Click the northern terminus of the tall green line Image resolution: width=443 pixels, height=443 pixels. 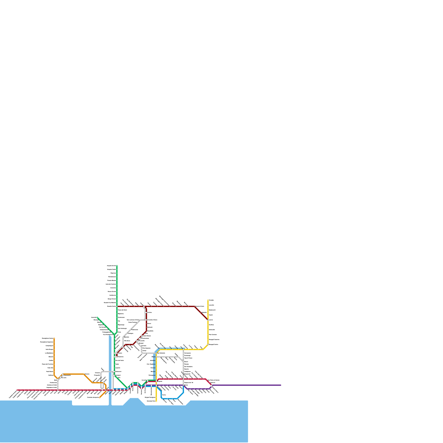click(117, 266)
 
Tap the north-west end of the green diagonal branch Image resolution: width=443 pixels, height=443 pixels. click(97, 318)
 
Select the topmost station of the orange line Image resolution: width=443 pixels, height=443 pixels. click(54, 338)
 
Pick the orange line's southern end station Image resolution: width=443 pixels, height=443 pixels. click(100, 397)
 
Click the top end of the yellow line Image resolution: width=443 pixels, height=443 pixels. click(208, 300)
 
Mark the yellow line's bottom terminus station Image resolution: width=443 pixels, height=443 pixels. click(156, 401)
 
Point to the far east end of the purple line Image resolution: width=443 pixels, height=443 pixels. click(280, 385)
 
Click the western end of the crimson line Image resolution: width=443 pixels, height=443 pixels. click(17, 390)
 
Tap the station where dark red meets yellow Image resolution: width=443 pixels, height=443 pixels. click(208, 320)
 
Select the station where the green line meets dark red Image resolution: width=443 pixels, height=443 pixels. click(117, 307)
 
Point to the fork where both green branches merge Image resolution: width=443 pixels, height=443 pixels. click(115, 334)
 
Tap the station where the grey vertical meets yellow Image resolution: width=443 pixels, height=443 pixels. click(183, 350)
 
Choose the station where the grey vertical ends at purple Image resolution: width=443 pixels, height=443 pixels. click(183, 385)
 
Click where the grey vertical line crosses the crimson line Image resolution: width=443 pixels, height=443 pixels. click(183, 379)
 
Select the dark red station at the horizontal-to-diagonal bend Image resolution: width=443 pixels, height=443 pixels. click(195, 307)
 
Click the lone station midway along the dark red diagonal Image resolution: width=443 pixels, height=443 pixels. click(202, 313)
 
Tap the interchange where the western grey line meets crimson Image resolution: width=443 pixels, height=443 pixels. click(58, 390)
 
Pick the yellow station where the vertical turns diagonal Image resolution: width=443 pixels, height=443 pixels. click(208, 345)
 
